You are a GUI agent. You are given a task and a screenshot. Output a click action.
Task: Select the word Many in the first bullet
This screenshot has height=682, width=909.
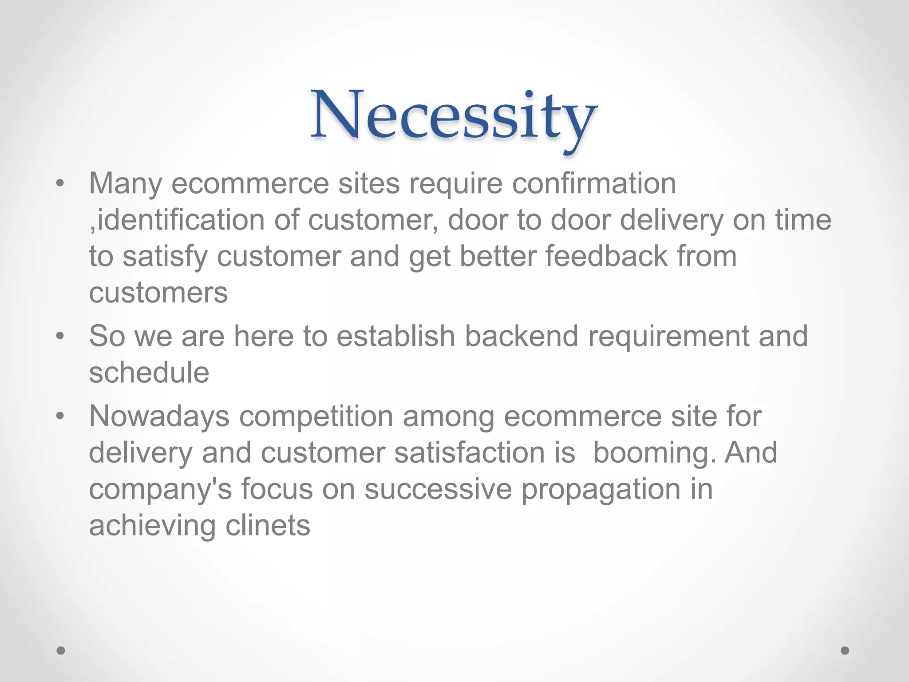click(126, 183)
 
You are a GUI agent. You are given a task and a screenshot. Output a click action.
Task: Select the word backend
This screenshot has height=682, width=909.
click(522, 336)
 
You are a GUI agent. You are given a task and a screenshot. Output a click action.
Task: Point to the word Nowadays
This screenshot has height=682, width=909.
click(159, 416)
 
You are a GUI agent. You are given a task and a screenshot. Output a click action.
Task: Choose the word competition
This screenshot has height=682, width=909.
click(316, 417)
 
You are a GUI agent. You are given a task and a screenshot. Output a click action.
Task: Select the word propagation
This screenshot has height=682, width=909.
click(601, 490)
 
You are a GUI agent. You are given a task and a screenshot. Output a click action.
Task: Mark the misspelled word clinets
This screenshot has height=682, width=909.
click(268, 526)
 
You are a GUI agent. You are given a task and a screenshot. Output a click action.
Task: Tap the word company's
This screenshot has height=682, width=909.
click(160, 490)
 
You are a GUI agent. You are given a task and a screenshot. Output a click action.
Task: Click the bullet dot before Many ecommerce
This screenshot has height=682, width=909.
click(60, 183)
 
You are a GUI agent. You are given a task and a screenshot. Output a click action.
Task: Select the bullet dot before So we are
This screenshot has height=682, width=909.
click(60, 336)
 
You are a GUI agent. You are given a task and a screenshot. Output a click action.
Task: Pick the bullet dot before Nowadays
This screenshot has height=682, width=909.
click(60, 416)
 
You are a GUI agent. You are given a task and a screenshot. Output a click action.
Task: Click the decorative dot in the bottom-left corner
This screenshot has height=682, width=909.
click(61, 650)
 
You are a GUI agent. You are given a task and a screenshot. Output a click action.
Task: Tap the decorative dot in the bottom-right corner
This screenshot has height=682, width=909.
click(845, 650)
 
